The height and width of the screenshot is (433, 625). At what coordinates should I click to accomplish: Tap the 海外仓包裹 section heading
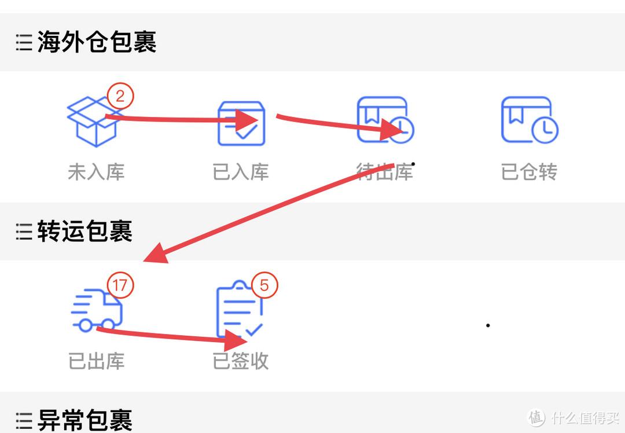tap(97, 42)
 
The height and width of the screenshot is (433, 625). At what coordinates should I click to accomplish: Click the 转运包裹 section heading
tap(85, 231)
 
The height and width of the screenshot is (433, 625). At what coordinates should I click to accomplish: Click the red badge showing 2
tap(120, 96)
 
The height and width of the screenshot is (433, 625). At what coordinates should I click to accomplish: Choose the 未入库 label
tap(96, 172)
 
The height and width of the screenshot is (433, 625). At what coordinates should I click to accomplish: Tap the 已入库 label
tap(240, 172)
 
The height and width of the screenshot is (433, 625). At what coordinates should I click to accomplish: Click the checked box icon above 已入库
tap(241, 123)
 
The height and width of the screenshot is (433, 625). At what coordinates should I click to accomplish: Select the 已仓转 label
tap(529, 172)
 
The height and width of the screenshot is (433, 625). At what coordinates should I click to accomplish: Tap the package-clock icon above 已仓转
tap(530, 120)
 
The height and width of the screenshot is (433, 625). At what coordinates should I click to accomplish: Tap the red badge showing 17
tap(120, 285)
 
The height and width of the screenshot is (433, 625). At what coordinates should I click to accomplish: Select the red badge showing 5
tap(264, 285)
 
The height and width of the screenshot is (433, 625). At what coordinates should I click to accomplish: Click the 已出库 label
tap(96, 361)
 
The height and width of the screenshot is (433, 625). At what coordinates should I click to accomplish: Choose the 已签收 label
tap(240, 361)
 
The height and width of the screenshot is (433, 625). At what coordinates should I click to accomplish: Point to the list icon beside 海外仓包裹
tap(24, 42)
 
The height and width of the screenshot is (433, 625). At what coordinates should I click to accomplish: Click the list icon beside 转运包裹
tap(24, 231)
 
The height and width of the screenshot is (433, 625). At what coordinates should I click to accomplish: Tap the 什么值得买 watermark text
tap(585, 417)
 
